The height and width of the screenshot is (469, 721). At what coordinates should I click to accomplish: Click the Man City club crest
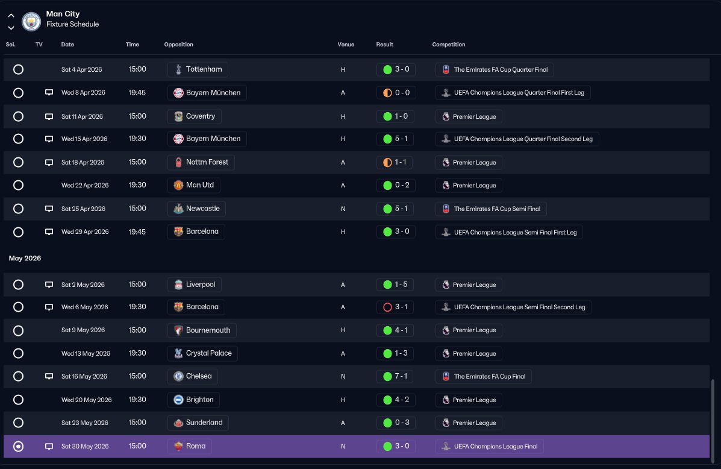(x=31, y=21)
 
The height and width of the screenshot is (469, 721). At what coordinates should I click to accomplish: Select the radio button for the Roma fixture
(x=19, y=446)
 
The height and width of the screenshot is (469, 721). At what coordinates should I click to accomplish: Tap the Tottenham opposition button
(x=198, y=69)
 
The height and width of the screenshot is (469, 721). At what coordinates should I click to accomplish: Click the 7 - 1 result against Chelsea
(x=396, y=377)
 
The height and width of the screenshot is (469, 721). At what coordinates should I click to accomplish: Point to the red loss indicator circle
(x=388, y=307)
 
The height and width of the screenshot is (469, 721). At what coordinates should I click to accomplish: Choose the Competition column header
(x=448, y=45)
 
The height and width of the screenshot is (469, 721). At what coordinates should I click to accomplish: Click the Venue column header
(x=346, y=45)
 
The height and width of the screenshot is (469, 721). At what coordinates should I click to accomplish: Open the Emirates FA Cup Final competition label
(x=483, y=377)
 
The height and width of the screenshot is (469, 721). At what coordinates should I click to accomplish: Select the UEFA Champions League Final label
(x=489, y=446)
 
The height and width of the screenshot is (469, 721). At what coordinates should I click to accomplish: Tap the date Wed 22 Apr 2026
(x=85, y=186)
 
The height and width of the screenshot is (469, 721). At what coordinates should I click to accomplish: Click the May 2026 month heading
(x=25, y=258)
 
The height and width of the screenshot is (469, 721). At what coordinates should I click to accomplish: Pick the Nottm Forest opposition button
(x=201, y=163)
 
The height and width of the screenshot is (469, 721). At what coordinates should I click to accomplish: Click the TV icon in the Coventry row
(x=49, y=116)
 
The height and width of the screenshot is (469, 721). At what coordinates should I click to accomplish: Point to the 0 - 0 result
(x=396, y=92)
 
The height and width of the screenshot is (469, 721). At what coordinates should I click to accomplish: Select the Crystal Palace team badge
(x=178, y=353)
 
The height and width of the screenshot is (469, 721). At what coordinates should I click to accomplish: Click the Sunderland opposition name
(x=204, y=423)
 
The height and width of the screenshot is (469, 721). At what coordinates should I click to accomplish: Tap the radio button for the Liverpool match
(x=19, y=285)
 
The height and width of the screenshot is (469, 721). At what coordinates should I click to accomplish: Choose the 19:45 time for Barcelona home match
(x=137, y=232)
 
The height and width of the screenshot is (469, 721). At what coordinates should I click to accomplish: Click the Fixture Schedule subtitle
(x=73, y=24)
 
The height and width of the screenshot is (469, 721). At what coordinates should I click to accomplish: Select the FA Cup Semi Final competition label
(x=491, y=209)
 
